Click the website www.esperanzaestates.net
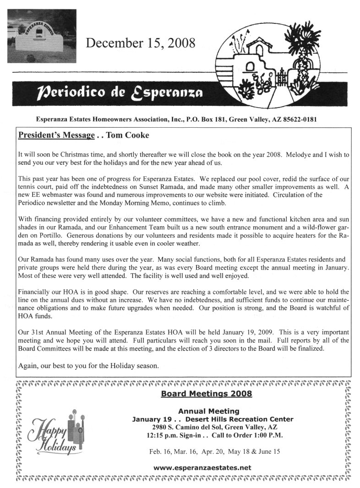point(202,468)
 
